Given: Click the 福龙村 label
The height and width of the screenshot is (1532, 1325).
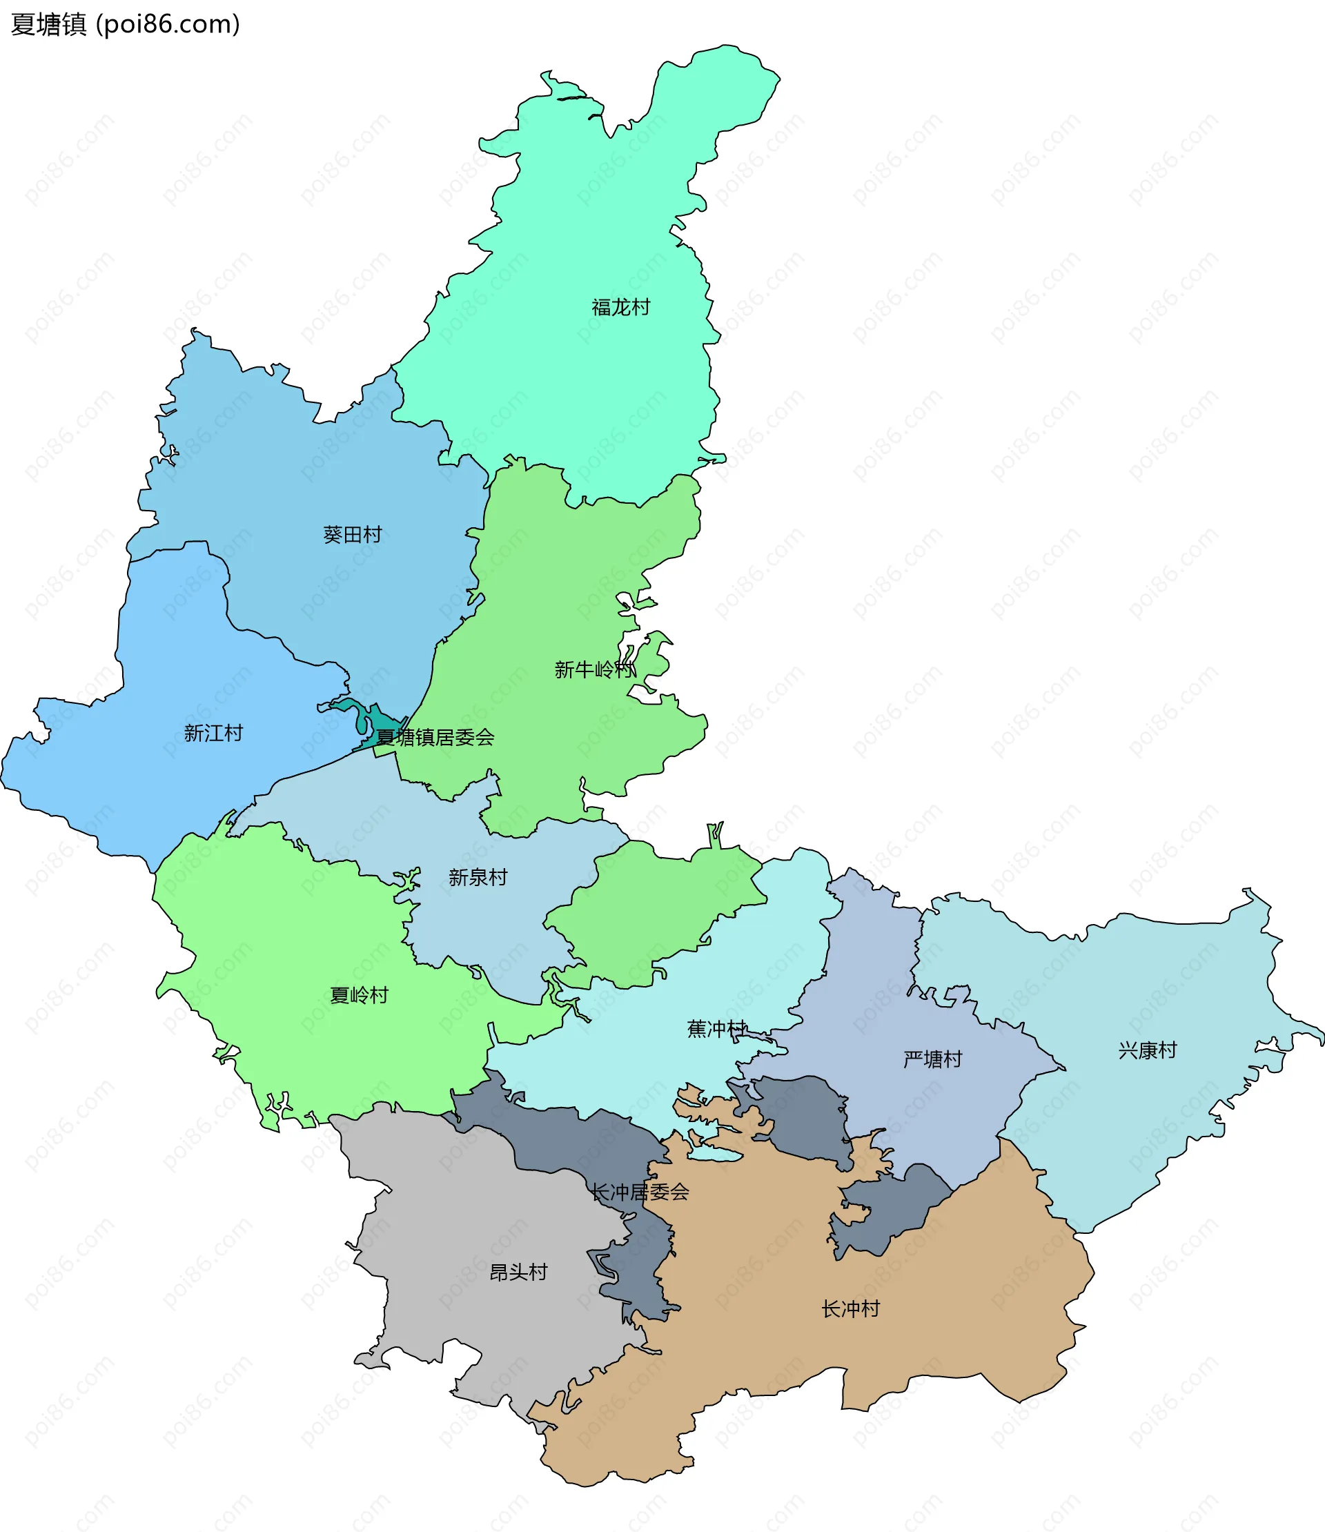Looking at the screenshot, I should [620, 307].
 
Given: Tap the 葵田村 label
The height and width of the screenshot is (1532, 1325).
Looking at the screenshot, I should [352, 535].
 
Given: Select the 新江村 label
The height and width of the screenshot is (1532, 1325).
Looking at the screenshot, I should [213, 733].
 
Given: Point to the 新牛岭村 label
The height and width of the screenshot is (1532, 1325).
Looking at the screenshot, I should [594, 669].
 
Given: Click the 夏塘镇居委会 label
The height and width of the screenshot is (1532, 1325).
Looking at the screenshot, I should [435, 737].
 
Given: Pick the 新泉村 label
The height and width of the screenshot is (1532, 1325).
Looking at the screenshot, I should [478, 877].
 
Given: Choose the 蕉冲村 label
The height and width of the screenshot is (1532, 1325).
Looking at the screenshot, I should [716, 1028].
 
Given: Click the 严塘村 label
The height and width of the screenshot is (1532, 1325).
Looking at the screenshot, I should [932, 1059].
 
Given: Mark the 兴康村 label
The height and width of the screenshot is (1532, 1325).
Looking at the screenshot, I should [1147, 1050].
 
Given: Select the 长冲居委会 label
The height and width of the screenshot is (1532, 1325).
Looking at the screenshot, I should [640, 1191].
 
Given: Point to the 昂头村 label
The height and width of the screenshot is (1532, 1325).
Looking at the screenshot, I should [518, 1272].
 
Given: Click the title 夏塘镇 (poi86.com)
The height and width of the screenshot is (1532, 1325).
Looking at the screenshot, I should [126, 24].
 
